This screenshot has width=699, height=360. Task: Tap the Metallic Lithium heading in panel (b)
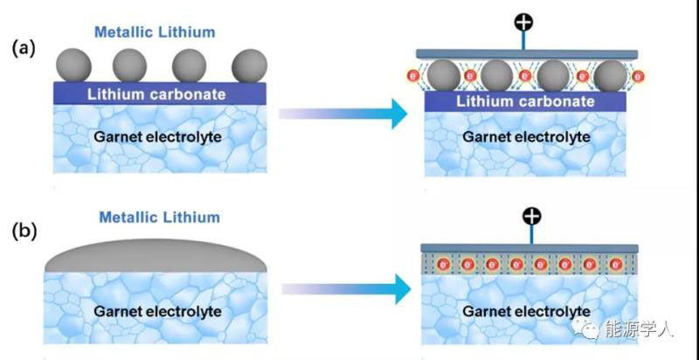point(159,217)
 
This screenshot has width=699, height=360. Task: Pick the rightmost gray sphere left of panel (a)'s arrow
point(249,65)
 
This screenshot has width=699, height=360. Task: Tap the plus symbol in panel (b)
point(529,215)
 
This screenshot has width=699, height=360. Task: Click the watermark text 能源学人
point(647,329)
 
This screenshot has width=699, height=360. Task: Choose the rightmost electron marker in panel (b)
point(614,263)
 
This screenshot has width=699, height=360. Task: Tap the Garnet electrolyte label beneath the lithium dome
point(159,311)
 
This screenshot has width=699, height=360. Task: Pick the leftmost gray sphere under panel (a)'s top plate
point(442,75)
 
